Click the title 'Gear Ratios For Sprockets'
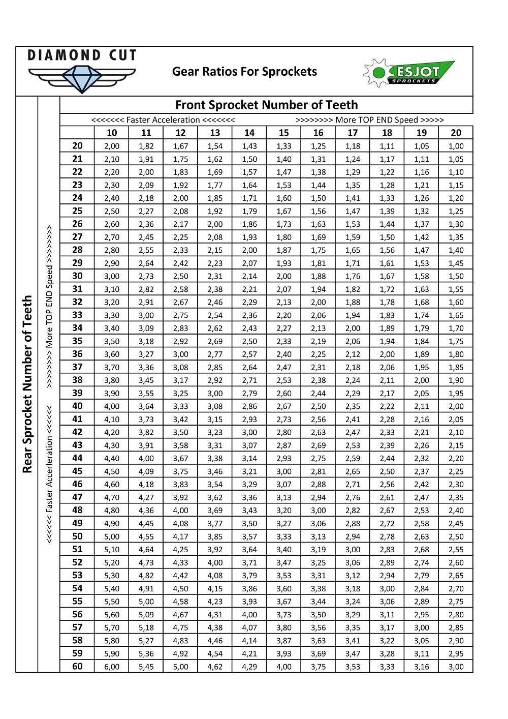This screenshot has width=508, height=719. tap(244, 72)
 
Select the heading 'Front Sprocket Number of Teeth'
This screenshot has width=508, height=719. tap(266, 105)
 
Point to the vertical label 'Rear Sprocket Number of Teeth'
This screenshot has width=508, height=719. tap(27, 384)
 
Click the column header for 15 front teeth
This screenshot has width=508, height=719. tap(284, 133)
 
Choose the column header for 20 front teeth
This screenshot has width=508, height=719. tap(456, 133)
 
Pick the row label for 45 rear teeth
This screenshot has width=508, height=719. tap(77, 471)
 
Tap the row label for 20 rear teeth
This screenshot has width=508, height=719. tap(77, 146)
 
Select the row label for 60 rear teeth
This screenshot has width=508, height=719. tap(77, 666)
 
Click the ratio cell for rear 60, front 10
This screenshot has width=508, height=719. tap(112, 667)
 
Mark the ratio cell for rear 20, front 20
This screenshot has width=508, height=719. tap(456, 146)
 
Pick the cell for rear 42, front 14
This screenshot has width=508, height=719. tap(249, 432)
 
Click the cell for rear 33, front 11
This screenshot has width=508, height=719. tap(146, 315)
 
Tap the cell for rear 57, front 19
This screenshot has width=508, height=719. tap(422, 627)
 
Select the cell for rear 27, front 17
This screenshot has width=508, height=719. tap(353, 237)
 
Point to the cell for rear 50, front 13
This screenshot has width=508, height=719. tap(215, 536)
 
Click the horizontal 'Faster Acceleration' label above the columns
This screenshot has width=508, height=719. tap(163, 120)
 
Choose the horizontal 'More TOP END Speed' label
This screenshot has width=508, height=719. tap(369, 120)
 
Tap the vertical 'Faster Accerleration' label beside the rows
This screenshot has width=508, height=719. tap(49, 473)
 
